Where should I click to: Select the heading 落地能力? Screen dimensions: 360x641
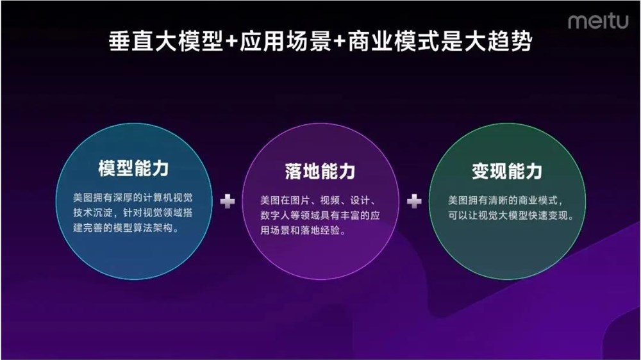pyautogui.click(x=320, y=172)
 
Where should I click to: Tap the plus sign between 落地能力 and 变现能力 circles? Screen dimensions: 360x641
pyautogui.click(x=414, y=202)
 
